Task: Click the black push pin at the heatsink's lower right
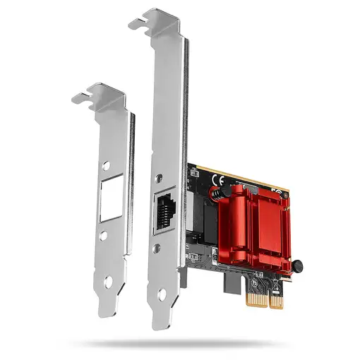pyautogui.click(x=297, y=266)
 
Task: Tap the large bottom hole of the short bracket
pyautogui.click(x=108, y=282)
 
